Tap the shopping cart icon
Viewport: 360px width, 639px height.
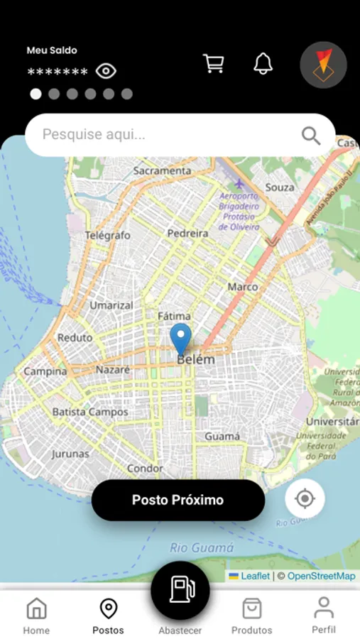pos(213,63)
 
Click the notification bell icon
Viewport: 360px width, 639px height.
pos(263,63)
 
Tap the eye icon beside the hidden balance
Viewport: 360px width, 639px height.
pos(106,71)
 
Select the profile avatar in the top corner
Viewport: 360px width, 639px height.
pos(323,65)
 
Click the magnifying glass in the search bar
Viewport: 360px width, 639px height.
pos(311,135)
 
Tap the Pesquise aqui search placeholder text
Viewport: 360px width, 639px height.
pos(94,134)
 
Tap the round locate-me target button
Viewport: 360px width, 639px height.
pos(305,498)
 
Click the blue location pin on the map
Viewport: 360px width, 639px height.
pos(181,338)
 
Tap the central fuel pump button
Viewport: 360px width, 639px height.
pos(180,589)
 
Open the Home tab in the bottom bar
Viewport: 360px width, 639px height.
pos(36,615)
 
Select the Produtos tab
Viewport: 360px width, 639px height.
pos(251,615)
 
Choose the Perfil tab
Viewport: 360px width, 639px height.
pos(324,614)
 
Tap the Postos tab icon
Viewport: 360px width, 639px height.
pos(108,608)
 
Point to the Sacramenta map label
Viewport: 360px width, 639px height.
pos(162,171)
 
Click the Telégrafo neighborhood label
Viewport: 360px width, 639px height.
pos(108,235)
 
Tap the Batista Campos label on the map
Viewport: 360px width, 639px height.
pos(90,412)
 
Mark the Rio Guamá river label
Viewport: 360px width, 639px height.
pos(202,547)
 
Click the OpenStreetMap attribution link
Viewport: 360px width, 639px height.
pos(321,576)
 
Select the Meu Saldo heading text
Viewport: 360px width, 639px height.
pos(52,50)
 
